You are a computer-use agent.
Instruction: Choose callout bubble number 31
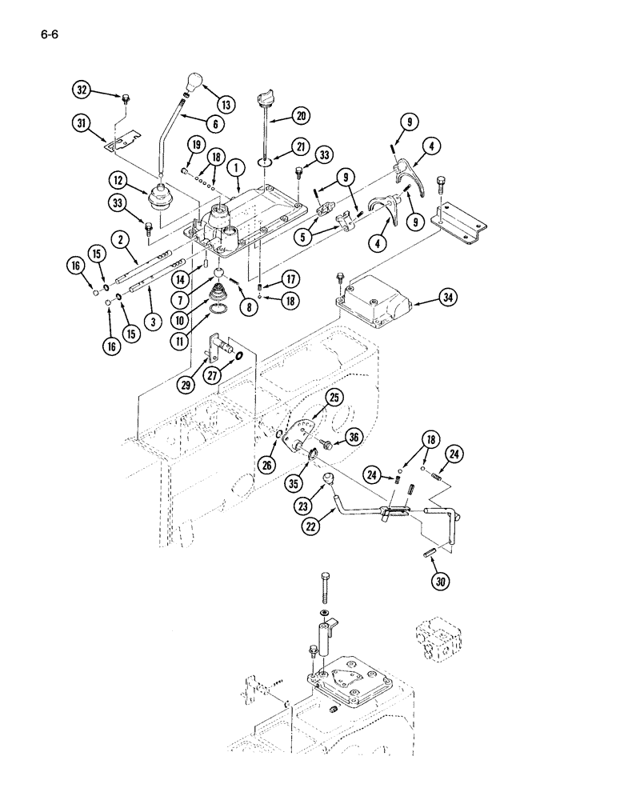point(79,123)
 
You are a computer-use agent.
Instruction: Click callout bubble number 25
point(334,397)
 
